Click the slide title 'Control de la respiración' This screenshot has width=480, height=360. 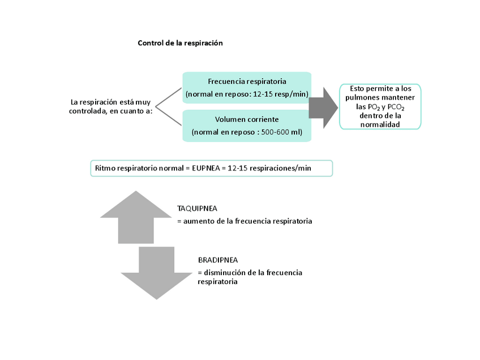pyautogui.click(x=181, y=43)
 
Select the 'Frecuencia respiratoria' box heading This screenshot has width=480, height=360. pyautogui.click(x=247, y=81)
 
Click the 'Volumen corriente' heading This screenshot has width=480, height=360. pyautogui.click(x=247, y=119)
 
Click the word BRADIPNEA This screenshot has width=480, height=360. pyautogui.click(x=218, y=260)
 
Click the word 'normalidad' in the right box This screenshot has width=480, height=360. pyautogui.click(x=380, y=124)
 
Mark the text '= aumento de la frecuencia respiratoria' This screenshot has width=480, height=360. pyautogui.click(x=245, y=221)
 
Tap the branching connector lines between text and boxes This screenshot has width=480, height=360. pyautogui.click(x=168, y=106)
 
